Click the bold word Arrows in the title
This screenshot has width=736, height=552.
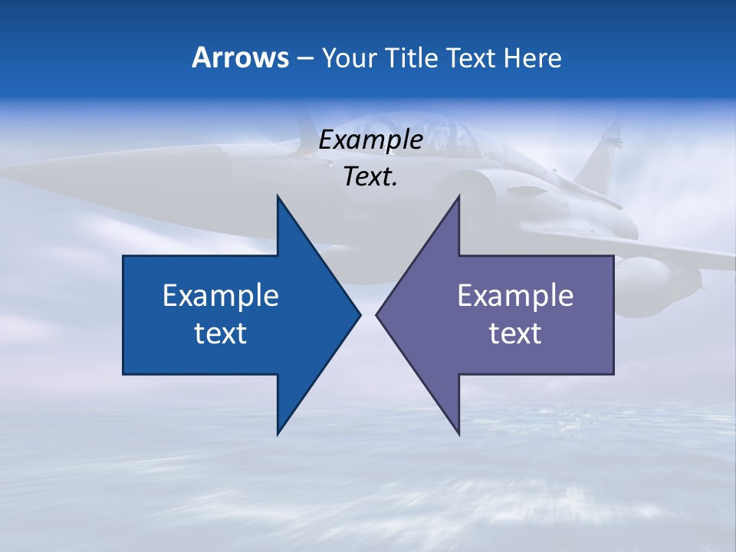[240, 58]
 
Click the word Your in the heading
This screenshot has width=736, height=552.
[350, 58]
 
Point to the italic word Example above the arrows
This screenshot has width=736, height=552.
[370, 140]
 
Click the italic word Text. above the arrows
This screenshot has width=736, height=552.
[370, 177]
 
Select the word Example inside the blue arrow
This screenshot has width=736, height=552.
[221, 296]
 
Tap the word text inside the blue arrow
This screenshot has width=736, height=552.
[221, 333]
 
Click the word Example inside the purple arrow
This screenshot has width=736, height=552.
[515, 296]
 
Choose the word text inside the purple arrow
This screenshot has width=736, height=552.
[515, 333]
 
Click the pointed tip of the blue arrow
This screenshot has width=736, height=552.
[360, 314]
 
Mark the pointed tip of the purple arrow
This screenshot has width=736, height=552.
[376, 314]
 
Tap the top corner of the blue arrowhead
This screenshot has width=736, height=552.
[278, 195]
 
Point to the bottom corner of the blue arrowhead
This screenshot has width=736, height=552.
[278, 435]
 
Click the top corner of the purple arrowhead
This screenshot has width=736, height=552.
[458, 195]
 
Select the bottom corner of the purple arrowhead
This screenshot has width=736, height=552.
[458, 435]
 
